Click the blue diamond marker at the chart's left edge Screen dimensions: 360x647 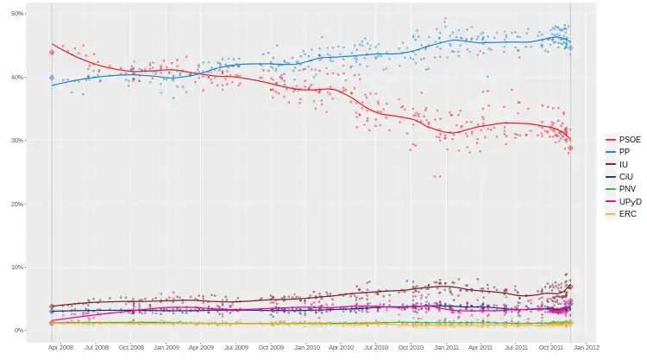coord(52,79)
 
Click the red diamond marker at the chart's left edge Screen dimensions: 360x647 coord(52,53)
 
